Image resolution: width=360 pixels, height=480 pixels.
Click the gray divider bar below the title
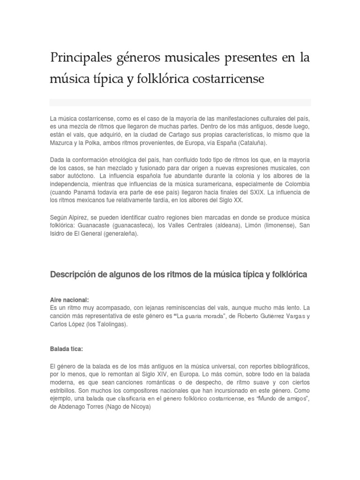(x=180, y=102)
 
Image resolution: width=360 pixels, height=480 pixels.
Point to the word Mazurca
(x=63, y=144)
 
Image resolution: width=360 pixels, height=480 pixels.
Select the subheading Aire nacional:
(x=69, y=300)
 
